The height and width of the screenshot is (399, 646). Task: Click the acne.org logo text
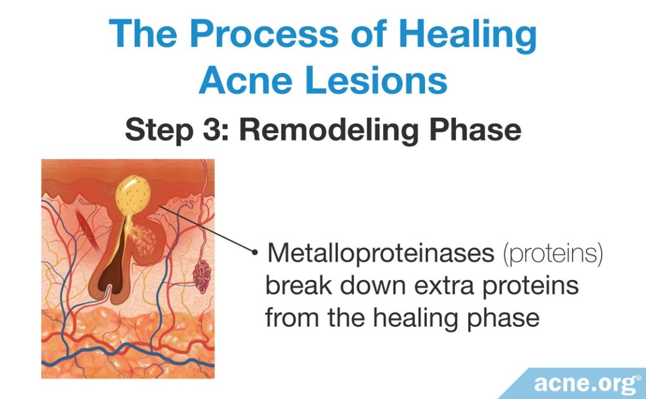(x=584, y=383)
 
